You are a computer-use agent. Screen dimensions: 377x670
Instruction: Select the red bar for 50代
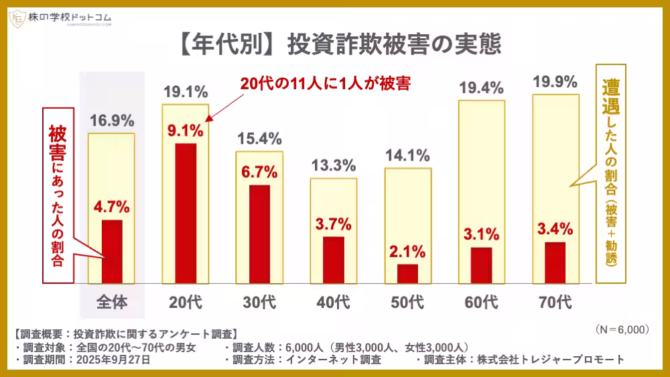(x=407, y=274)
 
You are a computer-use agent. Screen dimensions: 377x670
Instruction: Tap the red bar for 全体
(x=112, y=252)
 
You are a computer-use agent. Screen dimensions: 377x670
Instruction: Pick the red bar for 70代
(x=555, y=262)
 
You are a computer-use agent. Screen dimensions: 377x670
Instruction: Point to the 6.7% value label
(x=259, y=172)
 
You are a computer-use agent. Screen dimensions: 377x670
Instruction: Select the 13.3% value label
(x=333, y=166)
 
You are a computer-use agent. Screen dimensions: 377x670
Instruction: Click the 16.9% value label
(x=112, y=121)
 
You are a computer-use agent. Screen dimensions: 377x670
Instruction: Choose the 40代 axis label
(x=333, y=303)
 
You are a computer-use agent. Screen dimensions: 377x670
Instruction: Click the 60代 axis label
(x=481, y=303)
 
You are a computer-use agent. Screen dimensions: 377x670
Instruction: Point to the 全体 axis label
(x=112, y=303)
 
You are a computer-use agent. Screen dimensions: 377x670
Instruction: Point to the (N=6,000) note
(x=622, y=329)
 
